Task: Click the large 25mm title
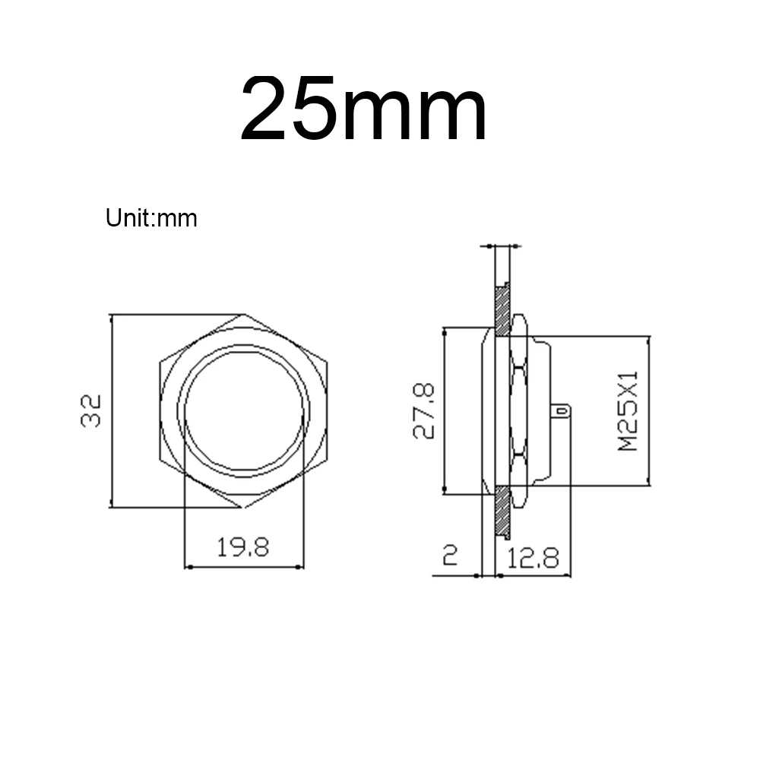(363, 108)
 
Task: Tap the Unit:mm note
(151, 218)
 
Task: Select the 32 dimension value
(91, 411)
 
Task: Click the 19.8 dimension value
(243, 547)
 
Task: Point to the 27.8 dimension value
(423, 411)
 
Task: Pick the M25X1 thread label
(629, 411)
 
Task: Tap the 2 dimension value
(450, 555)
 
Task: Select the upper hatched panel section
(502, 311)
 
